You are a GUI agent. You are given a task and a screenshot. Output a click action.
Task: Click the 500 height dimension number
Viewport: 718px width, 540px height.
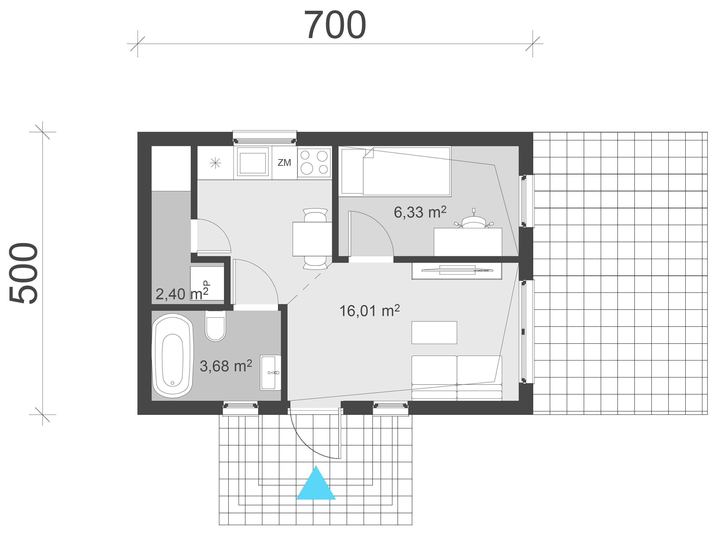23,273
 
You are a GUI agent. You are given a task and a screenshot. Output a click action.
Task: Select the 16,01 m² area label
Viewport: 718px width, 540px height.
369,311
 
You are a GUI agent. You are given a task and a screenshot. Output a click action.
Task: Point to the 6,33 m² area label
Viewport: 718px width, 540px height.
420,212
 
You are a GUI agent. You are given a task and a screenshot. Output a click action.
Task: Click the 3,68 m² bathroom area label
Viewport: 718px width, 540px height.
226,366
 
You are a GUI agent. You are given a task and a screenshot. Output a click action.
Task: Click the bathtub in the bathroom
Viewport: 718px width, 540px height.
173,356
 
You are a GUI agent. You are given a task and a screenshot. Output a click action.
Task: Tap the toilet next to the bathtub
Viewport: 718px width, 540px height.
215,327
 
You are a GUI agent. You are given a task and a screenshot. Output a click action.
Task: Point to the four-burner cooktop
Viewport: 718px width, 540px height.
314,162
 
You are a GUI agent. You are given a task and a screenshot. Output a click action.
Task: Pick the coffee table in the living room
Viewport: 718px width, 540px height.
434,332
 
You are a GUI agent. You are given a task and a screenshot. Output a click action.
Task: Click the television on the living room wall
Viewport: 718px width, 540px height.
457,270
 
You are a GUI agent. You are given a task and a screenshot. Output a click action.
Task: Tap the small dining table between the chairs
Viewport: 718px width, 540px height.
312,239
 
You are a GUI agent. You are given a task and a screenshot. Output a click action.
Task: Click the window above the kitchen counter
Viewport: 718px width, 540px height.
265,136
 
